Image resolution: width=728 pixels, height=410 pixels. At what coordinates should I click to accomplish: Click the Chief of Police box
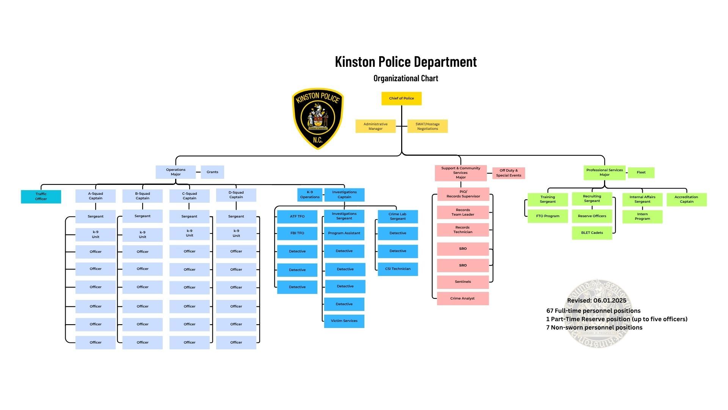click(x=401, y=98)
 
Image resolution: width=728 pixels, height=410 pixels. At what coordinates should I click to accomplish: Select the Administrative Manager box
click(x=375, y=126)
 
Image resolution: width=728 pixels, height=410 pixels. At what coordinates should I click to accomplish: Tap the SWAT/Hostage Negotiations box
click(x=427, y=126)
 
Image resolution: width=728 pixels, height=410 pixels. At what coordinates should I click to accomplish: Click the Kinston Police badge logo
click(x=318, y=118)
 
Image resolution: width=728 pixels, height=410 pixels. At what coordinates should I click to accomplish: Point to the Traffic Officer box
click(x=41, y=197)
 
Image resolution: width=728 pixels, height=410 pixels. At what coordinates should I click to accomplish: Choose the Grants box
click(x=212, y=172)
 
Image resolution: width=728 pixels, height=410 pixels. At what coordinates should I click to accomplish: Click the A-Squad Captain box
click(x=96, y=196)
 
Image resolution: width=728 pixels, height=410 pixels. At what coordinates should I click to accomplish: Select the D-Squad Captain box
click(x=236, y=195)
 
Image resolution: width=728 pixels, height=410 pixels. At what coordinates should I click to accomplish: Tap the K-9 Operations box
click(x=310, y=195)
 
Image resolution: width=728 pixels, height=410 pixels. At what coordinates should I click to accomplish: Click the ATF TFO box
click(x=297, y=216)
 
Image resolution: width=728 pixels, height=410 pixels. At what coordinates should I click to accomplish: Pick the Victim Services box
click(x=344, y=321)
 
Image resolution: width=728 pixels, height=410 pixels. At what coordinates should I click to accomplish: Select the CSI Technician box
click(x=398, y=269)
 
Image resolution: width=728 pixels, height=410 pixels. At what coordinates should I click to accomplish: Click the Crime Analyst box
click(x=463, y=298)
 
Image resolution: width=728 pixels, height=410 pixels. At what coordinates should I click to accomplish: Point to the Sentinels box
click(x=463, y=282)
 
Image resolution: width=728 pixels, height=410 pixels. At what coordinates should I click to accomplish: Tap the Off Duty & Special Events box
click(x=508, y=173)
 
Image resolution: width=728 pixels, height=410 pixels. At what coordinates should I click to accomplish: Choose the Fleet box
click(x=641, y=173)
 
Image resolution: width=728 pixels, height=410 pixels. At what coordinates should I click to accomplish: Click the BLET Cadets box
click(x=592, y=233)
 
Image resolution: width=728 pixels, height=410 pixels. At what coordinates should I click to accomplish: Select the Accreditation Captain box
click(x=686, y=199)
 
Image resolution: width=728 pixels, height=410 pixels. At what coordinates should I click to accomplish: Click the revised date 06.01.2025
click(x=596, y=301)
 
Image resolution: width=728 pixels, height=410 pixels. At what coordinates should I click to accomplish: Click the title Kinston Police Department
click(x=406, y=62)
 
